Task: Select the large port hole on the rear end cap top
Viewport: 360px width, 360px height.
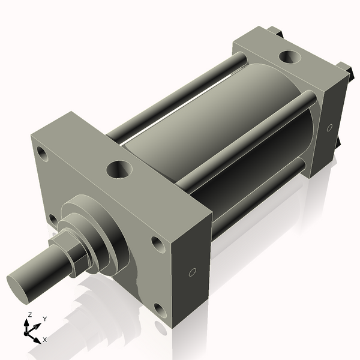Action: pyautogui.click(x=290, y=58)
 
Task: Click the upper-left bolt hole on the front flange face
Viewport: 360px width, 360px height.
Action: pyautogui.click(x=41, y=153)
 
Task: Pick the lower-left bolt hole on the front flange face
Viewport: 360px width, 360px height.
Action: pyautogui.click(x=53, y=220)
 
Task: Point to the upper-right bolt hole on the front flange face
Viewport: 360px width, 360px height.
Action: pyautogui.click(x=157, y=244)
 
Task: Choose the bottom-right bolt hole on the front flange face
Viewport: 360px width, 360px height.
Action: pyautogui.click(x=160, y=310)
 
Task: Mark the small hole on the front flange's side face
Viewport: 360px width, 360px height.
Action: pyautogui.click(x=192, y=272)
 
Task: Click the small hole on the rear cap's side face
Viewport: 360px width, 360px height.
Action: pyautogui.click(x=329, y=127)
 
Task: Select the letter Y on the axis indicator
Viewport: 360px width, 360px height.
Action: pyautogui.click(x=44, y=319)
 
